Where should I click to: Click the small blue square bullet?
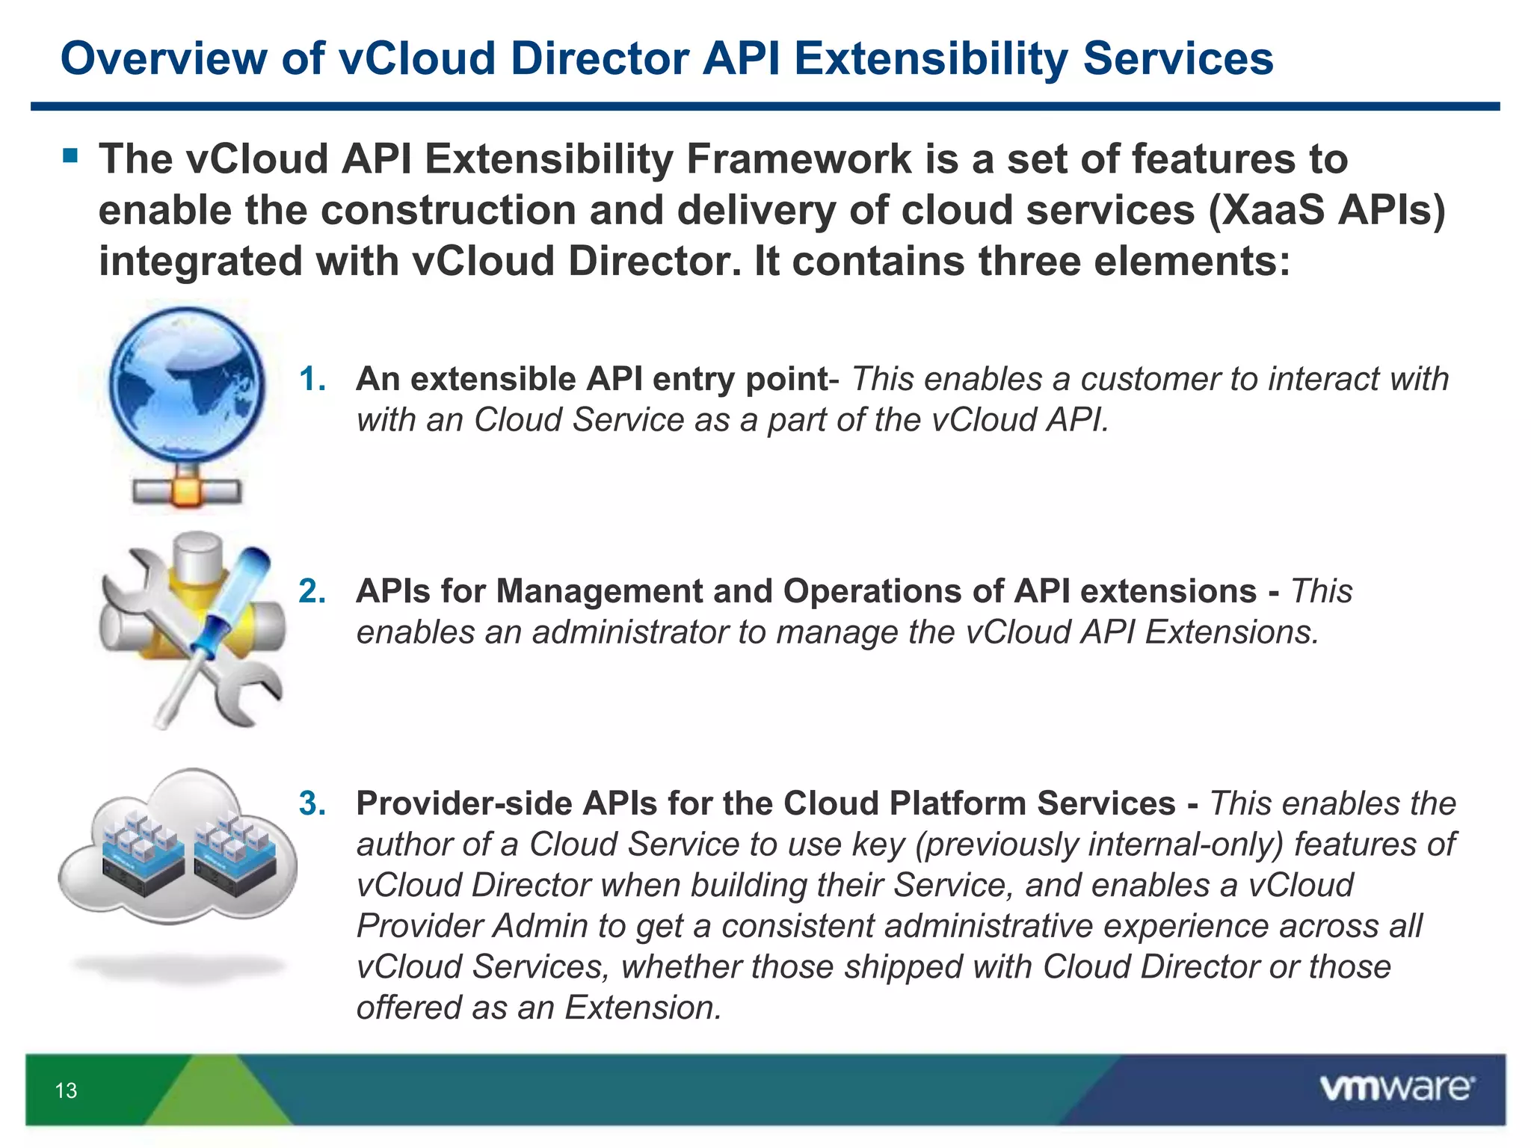[70, 156]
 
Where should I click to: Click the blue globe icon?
[187, 386]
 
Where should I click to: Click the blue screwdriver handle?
[238, 590]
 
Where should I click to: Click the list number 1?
[312, 380]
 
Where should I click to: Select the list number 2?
[312, 592]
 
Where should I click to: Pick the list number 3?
[312, 804]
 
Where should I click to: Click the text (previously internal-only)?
[1098, 845]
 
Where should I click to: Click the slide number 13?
[66, 1090]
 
